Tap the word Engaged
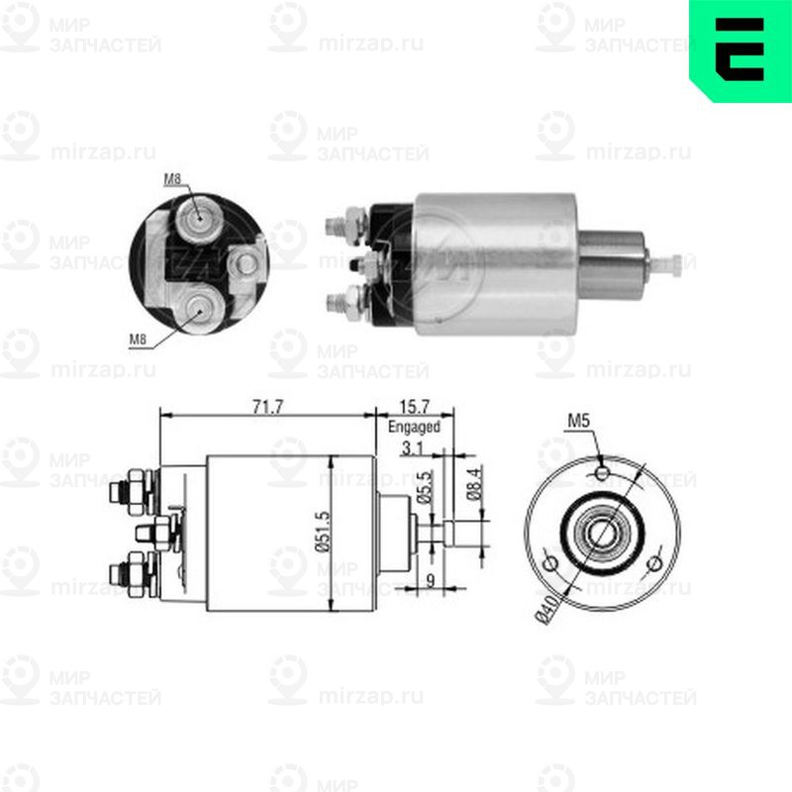[x=414, y=427]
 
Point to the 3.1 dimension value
[x=417, y=449]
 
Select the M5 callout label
[x=579, y=423]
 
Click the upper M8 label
[x=172, y=179]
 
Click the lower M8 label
[x=139, y=340]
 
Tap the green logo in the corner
[x=740, y=49]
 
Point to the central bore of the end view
[x=600, y=535]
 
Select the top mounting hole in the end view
[x=603, y=473]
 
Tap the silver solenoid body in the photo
[x=495, y=262]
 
